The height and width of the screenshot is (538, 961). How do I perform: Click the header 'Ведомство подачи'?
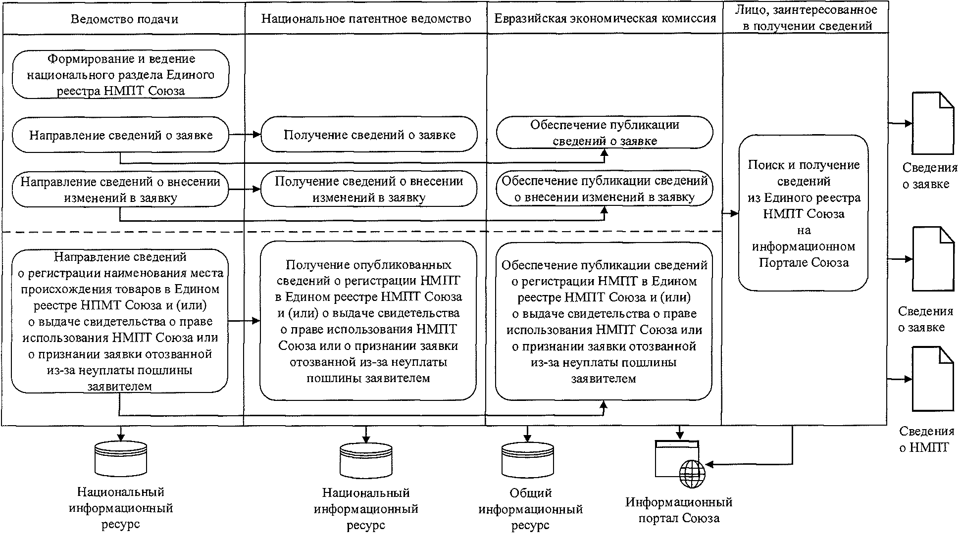coord(124,19)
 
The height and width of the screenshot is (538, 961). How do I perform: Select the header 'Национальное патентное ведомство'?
coord(366,19)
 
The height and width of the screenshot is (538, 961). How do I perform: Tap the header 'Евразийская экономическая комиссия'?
coord(605,19)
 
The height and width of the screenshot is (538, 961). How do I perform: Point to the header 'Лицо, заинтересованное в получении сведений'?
coord(806,18)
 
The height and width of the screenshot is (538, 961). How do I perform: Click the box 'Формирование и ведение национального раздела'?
coord(121,75)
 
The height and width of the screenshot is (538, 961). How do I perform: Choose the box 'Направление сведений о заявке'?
coord(121,135)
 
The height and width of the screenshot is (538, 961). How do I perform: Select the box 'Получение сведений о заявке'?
coord(369,135)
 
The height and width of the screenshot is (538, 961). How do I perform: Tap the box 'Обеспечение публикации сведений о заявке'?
coord(605,133)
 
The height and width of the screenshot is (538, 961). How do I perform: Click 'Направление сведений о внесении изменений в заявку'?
coord(121,190)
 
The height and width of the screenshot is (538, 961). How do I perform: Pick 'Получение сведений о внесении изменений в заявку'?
coord(369,189)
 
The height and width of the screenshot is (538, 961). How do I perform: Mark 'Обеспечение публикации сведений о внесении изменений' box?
coord(605,189)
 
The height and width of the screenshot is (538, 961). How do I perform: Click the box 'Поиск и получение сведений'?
coord(804,213)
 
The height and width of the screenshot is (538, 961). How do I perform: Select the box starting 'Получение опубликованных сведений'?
coord(369,321)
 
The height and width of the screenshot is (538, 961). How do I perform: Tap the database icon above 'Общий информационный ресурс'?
coord(528,459)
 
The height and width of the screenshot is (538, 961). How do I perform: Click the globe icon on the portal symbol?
coord(692,474)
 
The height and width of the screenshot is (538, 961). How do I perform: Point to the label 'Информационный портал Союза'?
coord(679,510)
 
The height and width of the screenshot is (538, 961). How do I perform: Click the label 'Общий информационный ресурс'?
coord(530,509)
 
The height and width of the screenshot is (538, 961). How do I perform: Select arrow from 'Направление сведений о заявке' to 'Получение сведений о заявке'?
coord(245,135)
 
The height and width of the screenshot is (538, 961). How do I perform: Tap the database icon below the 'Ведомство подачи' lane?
coord(121,458)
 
